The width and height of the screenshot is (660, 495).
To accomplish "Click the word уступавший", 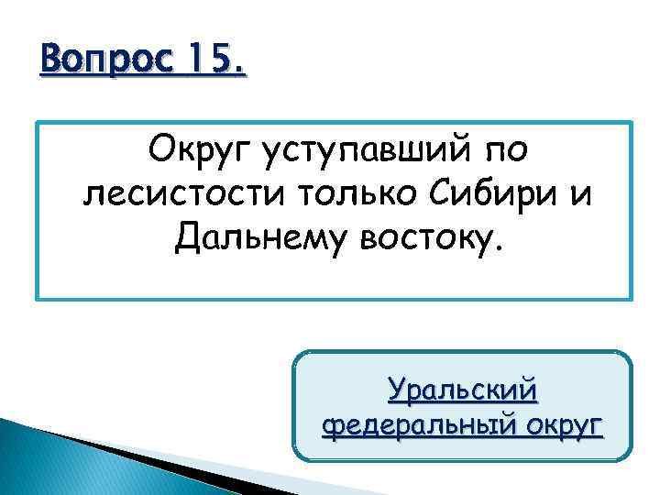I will coord(353,151).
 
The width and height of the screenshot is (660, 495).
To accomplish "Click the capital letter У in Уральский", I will coord(397,390).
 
